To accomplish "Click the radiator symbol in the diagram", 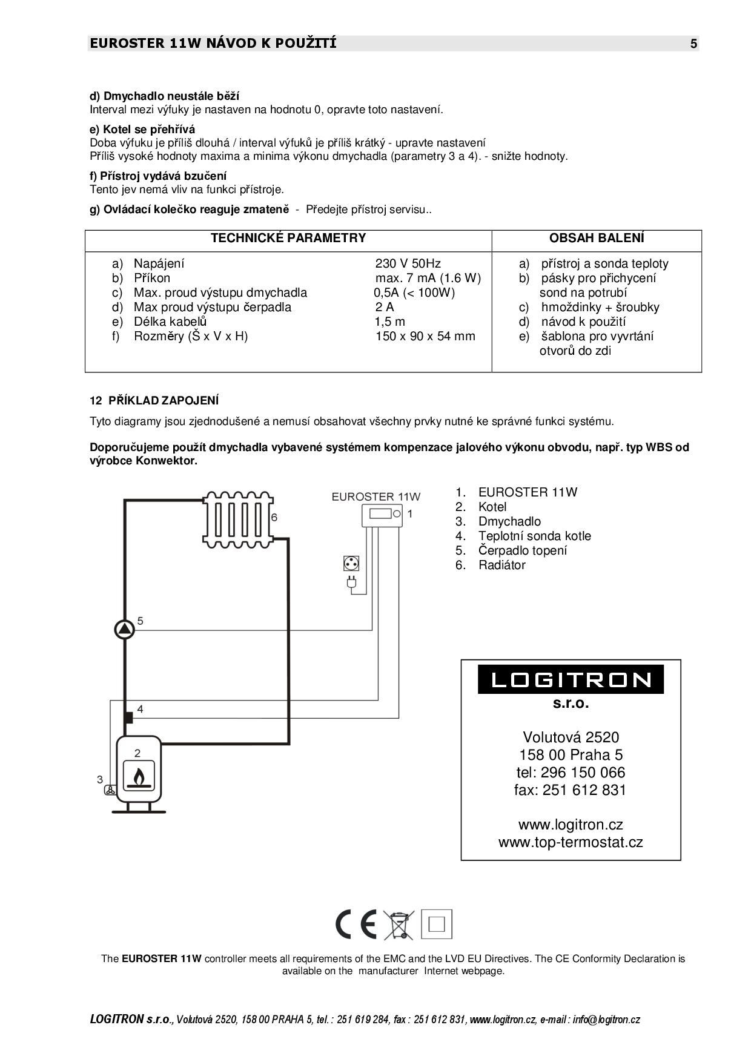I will tap(238, 518).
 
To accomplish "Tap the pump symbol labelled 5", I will tap(125, 630).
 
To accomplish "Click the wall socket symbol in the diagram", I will tap(351, 563).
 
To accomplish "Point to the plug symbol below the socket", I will tap(351, 584).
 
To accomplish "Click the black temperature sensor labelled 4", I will tap(128, 717).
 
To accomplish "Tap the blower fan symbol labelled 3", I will tap(110, 790).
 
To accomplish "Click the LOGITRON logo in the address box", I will tap(571, 679).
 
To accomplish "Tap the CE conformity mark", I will tap(356, 925).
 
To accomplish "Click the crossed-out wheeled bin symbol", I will tap(398, 925).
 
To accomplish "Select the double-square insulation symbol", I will tap(437, 925).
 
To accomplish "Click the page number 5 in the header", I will tap(693, 44).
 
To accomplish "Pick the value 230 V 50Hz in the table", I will tap(408, 263).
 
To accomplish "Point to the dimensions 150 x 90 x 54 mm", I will tap(425, 336).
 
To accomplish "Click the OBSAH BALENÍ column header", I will tap(597, 239).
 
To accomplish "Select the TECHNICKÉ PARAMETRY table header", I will tap(288, 238).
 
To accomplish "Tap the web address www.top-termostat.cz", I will tap(571, 842).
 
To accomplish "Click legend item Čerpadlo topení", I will tap(523, 550).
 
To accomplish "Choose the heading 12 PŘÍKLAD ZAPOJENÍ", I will tap(154, 401).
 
